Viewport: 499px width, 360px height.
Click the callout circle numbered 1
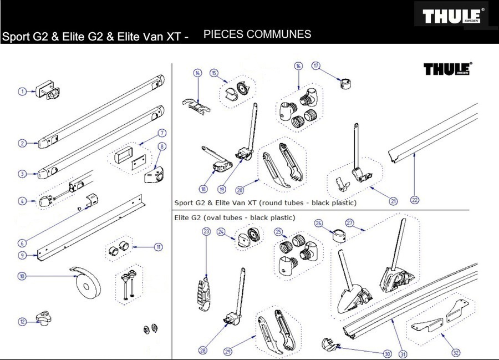point(22,91)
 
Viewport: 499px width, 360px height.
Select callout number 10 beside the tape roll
point(22,276)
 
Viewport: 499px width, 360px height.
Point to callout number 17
point(316,65)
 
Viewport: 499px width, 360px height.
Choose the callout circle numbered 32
point(456,352)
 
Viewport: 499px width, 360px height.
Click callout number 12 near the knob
point(22,321)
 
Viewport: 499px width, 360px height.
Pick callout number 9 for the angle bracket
point(22,255)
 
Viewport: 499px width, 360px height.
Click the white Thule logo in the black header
point(452,16)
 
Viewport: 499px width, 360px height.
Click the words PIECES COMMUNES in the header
point(257,34)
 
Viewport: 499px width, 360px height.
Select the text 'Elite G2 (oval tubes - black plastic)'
point(235,217)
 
